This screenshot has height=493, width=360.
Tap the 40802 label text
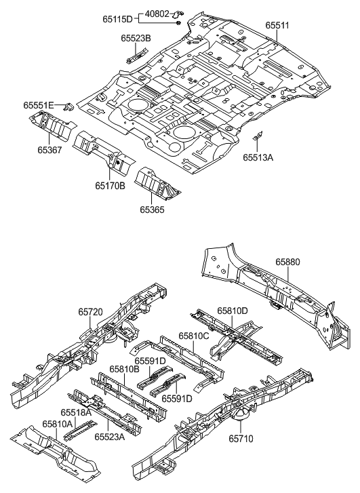point(162,13)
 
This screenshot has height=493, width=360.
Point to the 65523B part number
point(137,39)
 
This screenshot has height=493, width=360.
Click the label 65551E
point(39,106)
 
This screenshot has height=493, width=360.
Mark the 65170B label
point(110,183)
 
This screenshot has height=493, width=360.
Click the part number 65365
point(153,210)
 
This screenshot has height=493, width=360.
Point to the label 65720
point(91,312)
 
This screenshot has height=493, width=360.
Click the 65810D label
point(232,311)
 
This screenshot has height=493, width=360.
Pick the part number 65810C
point(194,335)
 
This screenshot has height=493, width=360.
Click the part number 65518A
point(77,412)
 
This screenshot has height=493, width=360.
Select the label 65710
point(240,439)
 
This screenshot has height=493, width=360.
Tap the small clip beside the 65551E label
point(68,106)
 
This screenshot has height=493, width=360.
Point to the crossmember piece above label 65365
point(157,182)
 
